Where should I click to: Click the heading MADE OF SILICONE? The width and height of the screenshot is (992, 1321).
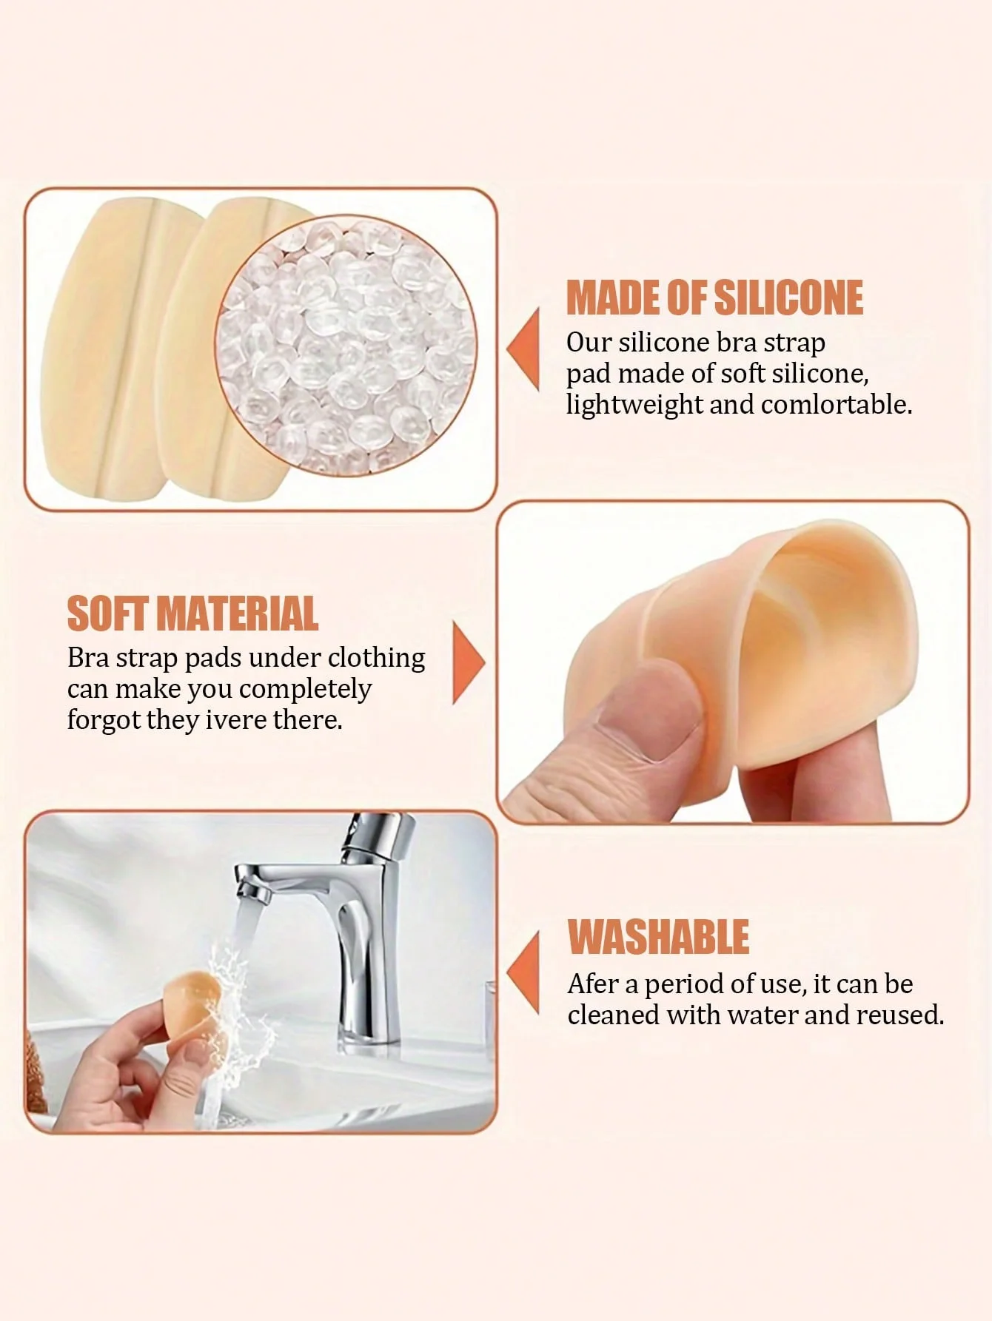coord(714,298)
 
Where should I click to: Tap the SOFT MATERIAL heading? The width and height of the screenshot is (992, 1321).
coord(192,614)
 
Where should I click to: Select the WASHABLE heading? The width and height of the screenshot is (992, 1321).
coord(658,937)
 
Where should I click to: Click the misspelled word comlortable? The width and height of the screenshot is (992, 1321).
coord(837,405)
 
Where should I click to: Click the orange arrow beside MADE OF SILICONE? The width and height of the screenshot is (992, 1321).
coord(524,349)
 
